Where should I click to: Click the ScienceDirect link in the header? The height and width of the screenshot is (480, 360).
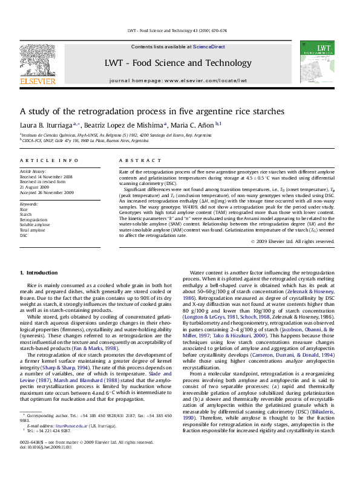(x=209, y=47)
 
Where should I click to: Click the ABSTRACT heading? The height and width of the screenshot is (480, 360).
(x=135, y=160)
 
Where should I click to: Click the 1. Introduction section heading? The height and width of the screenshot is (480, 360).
(x=39, y=273)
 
